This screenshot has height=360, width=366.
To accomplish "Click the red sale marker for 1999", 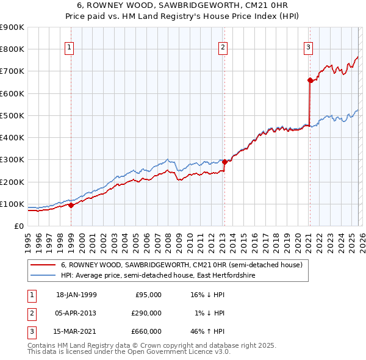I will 71,205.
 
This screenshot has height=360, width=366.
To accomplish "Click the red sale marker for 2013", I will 224,162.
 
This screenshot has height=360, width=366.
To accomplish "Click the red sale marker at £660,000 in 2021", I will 310,80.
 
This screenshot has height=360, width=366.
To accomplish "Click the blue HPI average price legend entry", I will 159,276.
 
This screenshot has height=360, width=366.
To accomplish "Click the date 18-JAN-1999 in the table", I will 76,295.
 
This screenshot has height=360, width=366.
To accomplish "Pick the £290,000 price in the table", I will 146,313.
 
